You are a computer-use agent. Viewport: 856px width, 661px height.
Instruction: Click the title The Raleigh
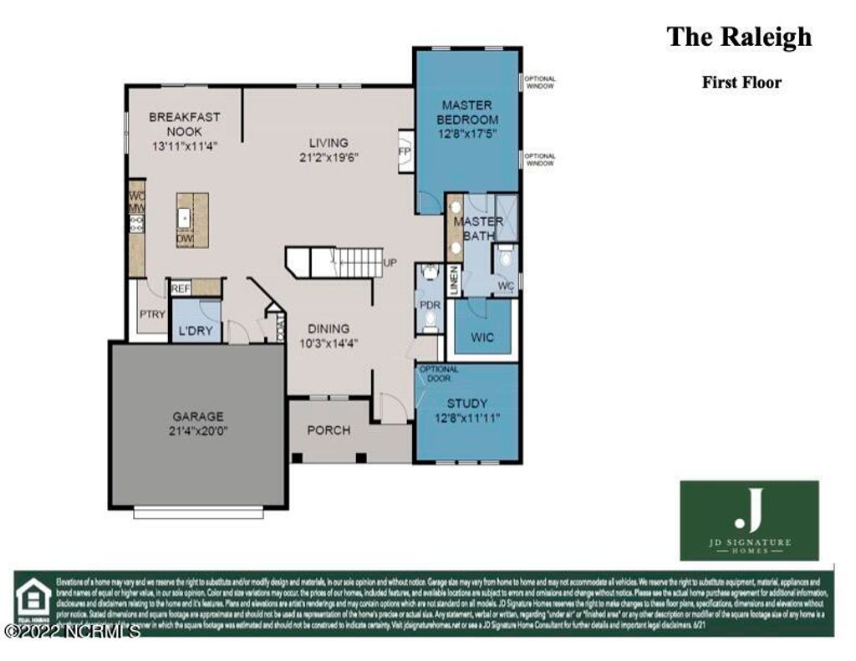pyautogui.click(x=738, y=38)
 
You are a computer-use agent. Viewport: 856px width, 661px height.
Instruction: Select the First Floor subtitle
pyautogui.click(x=741, y=82)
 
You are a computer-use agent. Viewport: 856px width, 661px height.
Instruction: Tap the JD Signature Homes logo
pyautogui.click(x=748, y=520)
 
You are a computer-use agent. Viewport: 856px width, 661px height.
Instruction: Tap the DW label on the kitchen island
pyautogui.click(x=184, y=240)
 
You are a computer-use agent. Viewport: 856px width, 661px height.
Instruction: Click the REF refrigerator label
pyautogui.click(x=181, y=289)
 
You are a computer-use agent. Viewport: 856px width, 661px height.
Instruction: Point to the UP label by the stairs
pyautogui.click(x=390, y=262)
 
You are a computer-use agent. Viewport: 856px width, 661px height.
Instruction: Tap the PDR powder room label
pyautogui.click(x=429, y=304)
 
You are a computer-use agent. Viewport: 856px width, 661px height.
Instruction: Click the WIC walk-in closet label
pyautogui.click(x=481, y=338)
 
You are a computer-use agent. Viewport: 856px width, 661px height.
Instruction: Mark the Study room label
pyautogui.click(x=466, y=403)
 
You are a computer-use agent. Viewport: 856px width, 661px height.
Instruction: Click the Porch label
pyautogui.click(x=329, y=430)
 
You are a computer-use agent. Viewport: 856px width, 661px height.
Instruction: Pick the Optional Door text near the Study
pyautogui.click(x=438, y=374)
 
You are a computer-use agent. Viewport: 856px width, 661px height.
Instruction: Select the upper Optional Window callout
pyautogui.click(x=540, y=83)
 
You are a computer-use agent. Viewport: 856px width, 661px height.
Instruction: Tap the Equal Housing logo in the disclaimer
pyautogui.click(x=33, y=600)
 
